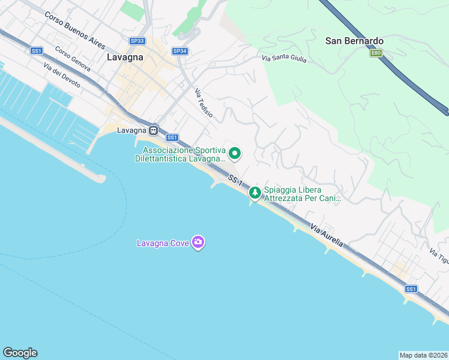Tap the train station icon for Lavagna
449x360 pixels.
[x=154, y=130]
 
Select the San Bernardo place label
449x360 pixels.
[x=354, y=41]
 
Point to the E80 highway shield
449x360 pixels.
[x=376, y=53]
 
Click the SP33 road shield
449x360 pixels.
[x=137, y=41]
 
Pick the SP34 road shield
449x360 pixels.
[x=179, y=51]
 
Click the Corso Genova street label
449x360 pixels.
[x=72, y=59]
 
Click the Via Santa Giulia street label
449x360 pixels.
[x=284, y=58]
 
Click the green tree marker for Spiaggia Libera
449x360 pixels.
[x=255, y=193]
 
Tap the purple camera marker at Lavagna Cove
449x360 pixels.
[x=198, y=242]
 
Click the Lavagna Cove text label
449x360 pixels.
[x=163, y=243]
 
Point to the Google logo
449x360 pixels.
[x=20, y=353]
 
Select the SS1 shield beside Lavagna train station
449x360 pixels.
[x=172, y=137]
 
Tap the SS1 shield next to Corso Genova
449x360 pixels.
[x=37, y=51]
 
